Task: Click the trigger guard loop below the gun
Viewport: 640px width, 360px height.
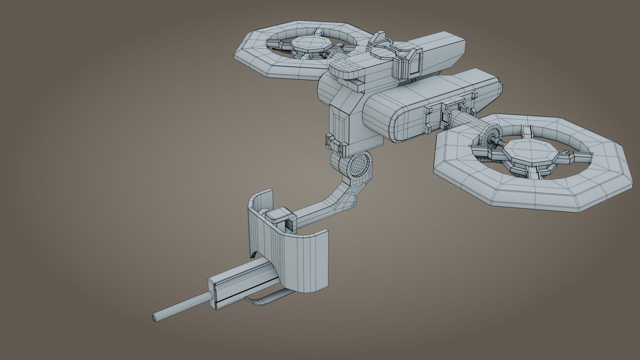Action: coord(263,302)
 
